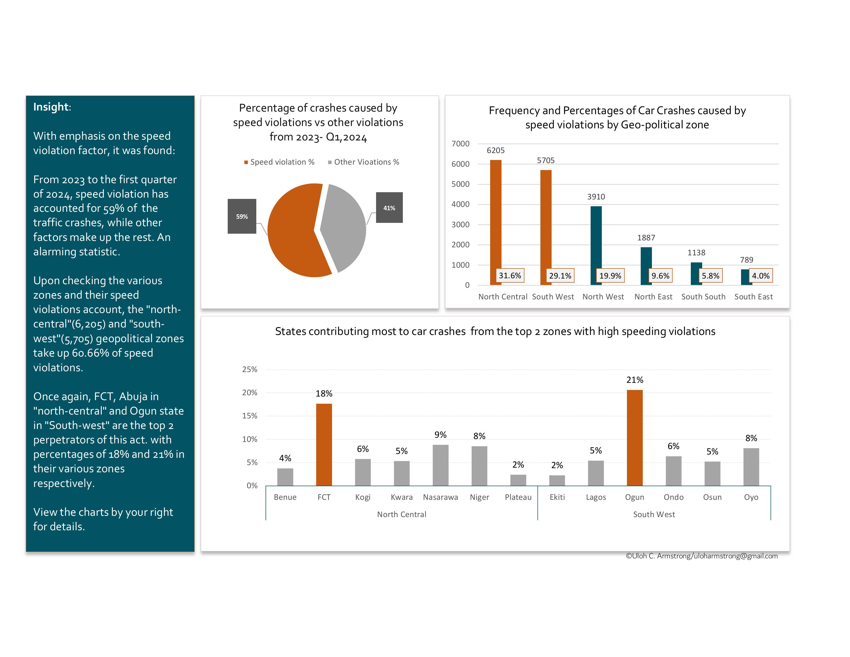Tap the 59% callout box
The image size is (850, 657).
pyautogui.click(x=242, y=216)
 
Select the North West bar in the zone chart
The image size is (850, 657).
pyautogui.click(x=596, y=241)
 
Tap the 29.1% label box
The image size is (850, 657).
pyautogui.click(x=560, y=276)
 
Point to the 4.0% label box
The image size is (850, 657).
pyautogui.click(x=760, y=276)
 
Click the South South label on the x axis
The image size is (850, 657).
pyautogui.click(x=703, y=297)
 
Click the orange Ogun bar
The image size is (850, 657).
pyautogui.click(x=634, y=437)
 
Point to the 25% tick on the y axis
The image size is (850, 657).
pyautogui.click(x=250, y=369)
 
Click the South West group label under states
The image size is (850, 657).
pyautogui.click(x=653, y=514)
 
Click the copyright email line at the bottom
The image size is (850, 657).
pyautogui.click(x=701, y=556)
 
